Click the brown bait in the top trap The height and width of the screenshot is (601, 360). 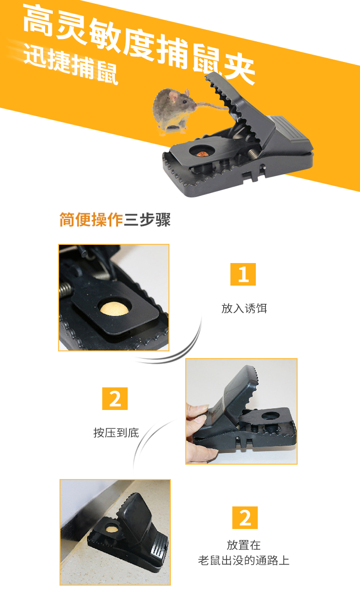[x=202, y=154]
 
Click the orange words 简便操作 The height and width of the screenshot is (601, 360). [x=91, y=220]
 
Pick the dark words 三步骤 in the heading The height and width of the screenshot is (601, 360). [x=147, y=220]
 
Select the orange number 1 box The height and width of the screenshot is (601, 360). [x=243, y=274]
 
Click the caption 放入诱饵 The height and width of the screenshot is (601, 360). [x=244, y=308]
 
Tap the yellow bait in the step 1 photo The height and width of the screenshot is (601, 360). [x=114, y=309]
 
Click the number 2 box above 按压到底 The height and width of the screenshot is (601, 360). [x=115, y=398]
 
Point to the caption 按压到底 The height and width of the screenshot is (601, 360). [x=116, y=433]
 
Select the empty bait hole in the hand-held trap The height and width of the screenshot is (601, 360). [x=270, y=416]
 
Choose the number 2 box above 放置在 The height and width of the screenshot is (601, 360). [x=245, y=517]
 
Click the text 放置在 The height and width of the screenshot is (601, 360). [x=243, y=545]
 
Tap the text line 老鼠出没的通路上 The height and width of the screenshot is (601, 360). [x=243, y=561]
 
